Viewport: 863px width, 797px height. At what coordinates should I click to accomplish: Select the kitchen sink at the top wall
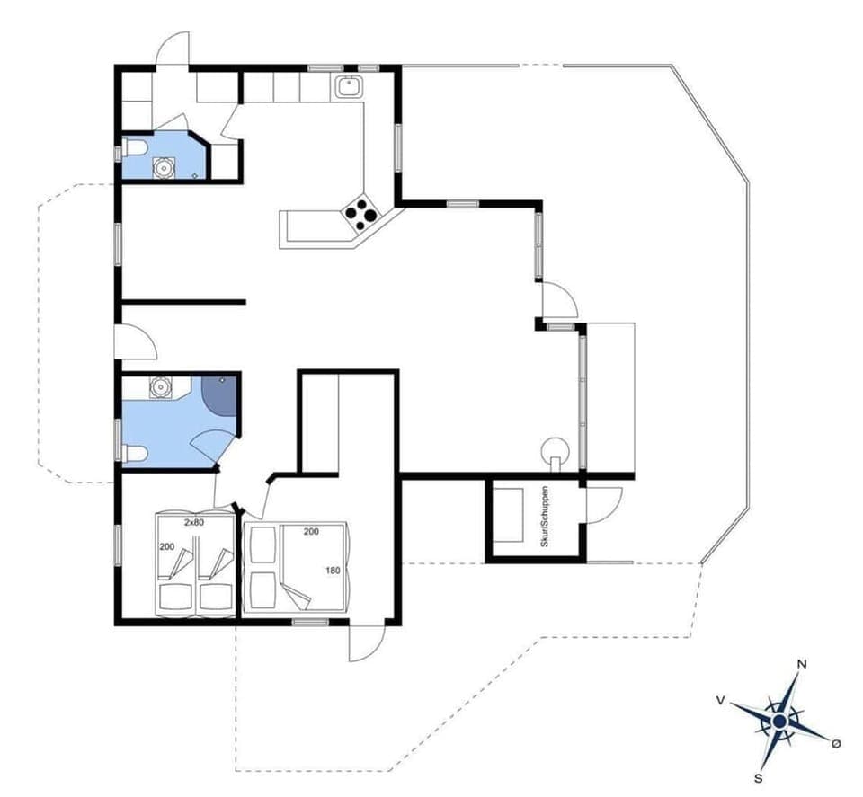(348, 87)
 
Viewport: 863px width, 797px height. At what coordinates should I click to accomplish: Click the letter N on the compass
(802, 665)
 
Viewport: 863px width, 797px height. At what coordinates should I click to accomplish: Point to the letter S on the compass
(760, 777)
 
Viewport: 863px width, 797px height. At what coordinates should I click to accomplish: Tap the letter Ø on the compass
(836, 743)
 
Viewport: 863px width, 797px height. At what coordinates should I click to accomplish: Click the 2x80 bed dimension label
(193, 521)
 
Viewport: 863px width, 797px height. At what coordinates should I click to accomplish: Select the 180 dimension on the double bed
(332, 570)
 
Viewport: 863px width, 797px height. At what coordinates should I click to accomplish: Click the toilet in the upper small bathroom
(132, 147)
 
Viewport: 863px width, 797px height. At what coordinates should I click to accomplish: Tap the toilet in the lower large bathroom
(134, 453)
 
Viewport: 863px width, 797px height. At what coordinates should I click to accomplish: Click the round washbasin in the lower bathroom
(160, 387)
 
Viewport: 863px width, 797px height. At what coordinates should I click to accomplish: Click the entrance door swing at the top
(173, 49)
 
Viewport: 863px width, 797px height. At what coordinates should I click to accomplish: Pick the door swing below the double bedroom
(367, 642)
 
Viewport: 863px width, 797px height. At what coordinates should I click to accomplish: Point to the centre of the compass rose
(779, 721)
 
